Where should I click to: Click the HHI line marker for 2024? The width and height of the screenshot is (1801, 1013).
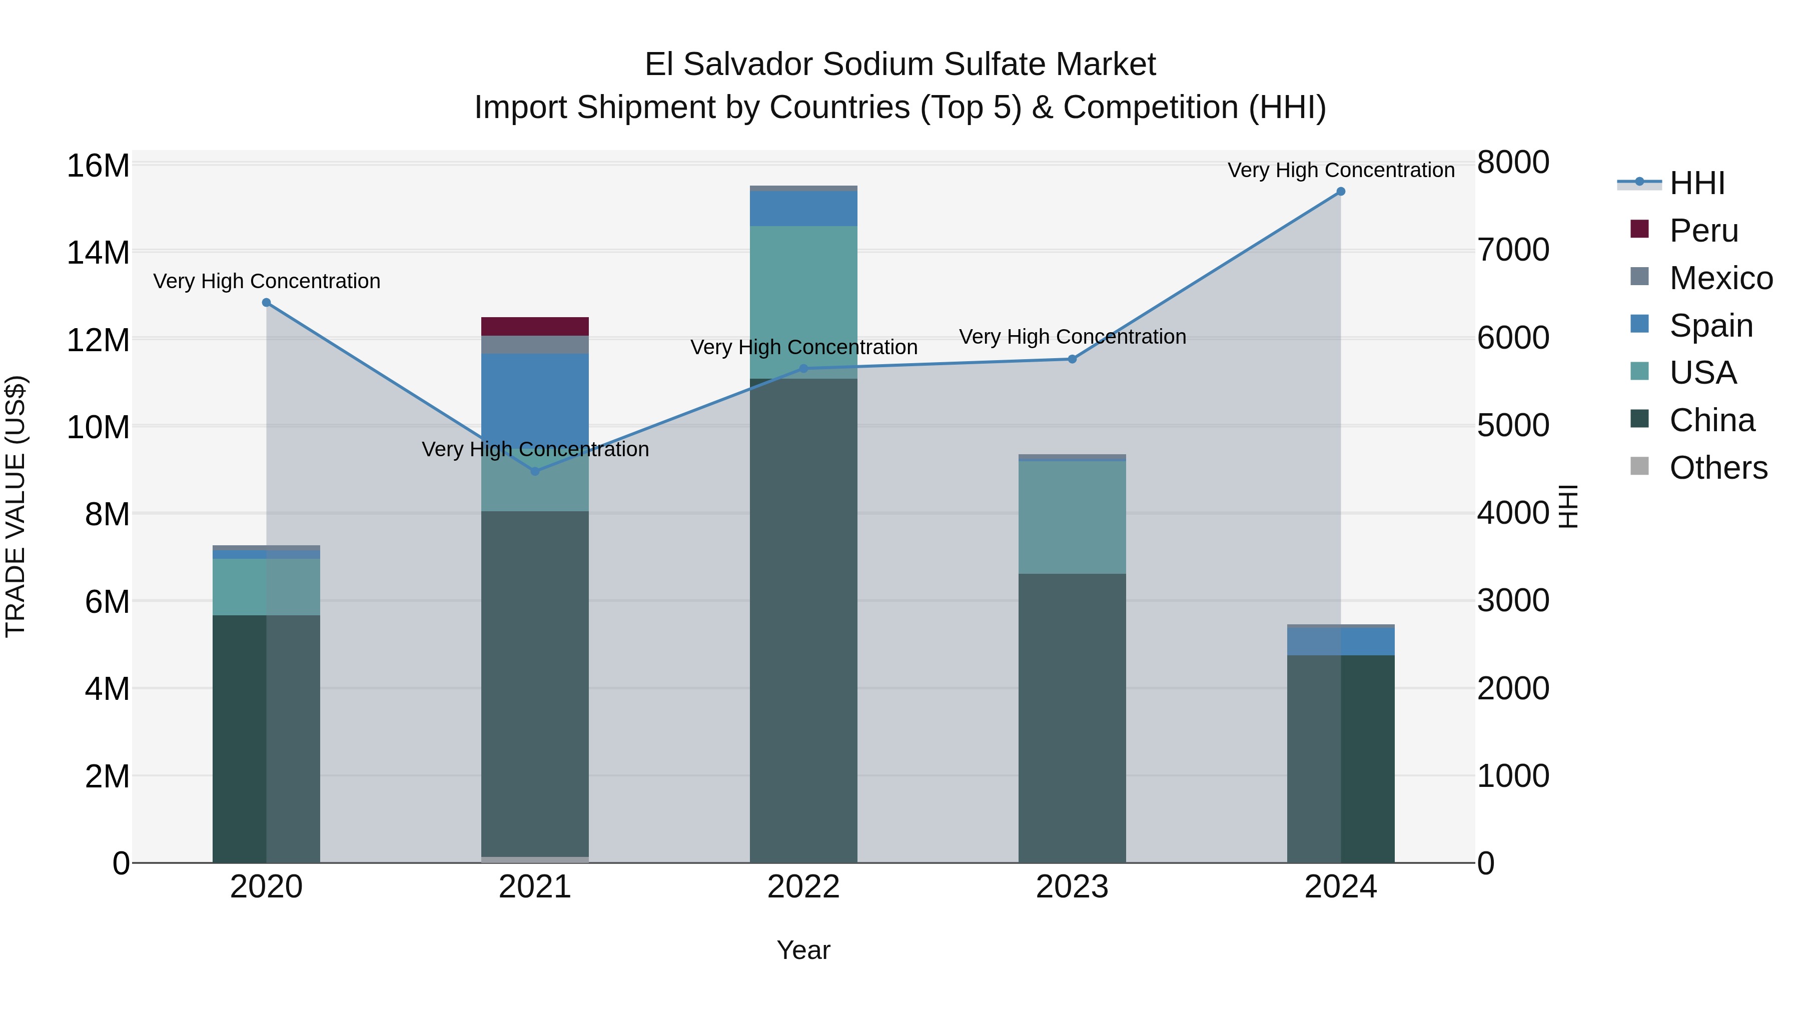click(x=1340, y=192)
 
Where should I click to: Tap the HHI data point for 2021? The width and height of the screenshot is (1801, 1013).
click(x=535, y=471)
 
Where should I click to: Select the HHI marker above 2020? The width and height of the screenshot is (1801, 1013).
click(x=266, y=303)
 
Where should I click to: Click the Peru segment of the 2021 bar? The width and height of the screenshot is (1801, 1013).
click(x=535, y=327)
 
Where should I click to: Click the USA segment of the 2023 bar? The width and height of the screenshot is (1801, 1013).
click(x=1072, y=517)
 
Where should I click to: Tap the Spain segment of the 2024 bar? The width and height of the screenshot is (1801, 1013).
click(x=1340, y=641)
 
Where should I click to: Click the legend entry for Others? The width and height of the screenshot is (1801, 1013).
click(x=1718, y=468)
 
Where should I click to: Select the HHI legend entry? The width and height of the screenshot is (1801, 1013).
click(x=1697, y=183)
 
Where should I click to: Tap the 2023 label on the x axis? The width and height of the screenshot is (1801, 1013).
click(x=1072, y=887)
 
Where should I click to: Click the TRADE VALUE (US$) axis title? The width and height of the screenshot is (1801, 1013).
click(x=16, y=506)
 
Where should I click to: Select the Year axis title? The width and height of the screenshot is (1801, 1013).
click(x=803, y=950)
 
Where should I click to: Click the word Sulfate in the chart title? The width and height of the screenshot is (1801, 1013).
click(x=989, y=65)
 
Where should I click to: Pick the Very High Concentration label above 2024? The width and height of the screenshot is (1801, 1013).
click(x=1340, y=170)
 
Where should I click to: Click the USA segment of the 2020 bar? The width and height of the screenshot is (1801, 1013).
click(x=266, y=587)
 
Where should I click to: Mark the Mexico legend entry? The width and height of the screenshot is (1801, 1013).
click(x=1720, y=278)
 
